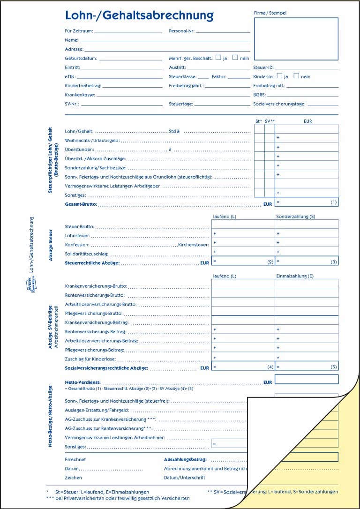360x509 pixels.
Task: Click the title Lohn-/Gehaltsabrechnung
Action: coord(139,15)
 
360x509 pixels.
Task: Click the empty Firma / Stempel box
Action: coord(296,39)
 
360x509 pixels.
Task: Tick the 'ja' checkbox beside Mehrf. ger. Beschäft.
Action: coord(218,58)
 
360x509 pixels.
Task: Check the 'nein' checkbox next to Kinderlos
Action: coord(296,75)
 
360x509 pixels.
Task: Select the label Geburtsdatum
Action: coord(81,58)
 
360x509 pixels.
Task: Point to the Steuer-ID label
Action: coord(263,67)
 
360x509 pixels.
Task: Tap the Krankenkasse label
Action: coord(80,95)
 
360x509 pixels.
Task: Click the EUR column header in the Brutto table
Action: coord(307,121)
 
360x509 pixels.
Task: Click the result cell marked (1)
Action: coord(307,202)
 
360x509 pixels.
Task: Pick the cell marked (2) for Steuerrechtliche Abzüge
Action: coord(243,262)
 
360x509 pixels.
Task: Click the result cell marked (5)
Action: coord(307,367)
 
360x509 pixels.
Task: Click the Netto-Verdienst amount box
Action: coord(307,379)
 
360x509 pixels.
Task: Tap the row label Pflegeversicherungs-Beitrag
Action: coord(94,350)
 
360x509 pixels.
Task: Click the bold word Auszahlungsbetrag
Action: coord(185,460)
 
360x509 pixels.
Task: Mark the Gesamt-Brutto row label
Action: coord(81,204)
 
